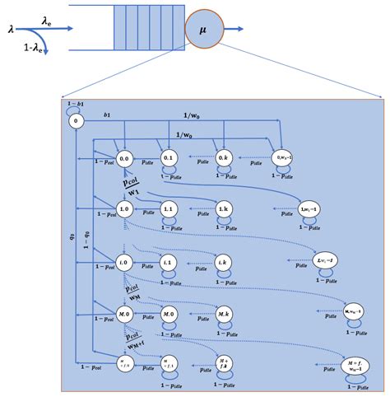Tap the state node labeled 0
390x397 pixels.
click(77, 121)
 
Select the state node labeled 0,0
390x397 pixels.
click(125, 158)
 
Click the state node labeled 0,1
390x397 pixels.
click(169, 158)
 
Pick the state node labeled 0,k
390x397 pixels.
click(223, 157)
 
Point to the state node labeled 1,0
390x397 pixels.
click(125, 209)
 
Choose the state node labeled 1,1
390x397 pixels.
click(169, 209)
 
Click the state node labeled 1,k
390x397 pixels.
click(223, 209)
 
